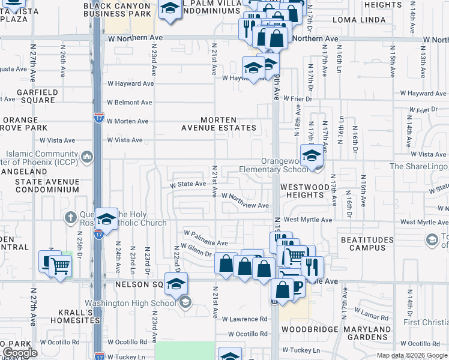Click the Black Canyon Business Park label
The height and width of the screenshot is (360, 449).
tap(117, 9)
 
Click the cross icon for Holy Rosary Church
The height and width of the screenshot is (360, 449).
tap(70, 217)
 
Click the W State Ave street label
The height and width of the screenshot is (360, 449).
tap(188, 184)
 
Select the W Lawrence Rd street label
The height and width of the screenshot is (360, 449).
tap(244, 319)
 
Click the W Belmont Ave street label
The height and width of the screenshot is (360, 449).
tap(129, 103)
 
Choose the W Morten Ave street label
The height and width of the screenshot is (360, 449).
tap(127, 121)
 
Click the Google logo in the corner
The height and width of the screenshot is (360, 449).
tap(20, 353)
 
